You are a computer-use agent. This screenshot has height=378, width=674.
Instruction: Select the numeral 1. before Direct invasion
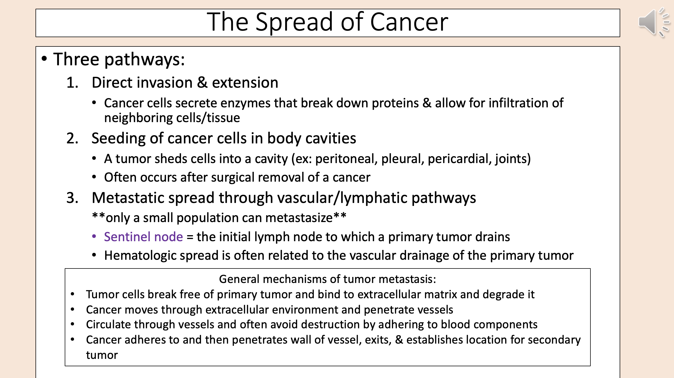(72, 83)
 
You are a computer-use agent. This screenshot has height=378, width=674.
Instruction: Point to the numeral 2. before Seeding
(72, 138)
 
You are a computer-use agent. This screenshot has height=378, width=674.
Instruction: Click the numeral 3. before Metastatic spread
(72, 198)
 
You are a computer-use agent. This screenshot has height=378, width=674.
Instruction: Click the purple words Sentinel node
(143, 237)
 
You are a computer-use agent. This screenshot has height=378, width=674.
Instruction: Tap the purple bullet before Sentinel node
(94, 237)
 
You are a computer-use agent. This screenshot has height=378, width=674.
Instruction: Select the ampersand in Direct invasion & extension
(202, 83)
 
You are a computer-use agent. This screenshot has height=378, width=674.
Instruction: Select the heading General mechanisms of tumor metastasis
(327, 279)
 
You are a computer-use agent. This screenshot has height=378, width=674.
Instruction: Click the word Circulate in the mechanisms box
(108, 325)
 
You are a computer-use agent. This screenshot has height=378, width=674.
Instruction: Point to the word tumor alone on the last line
(102, 355)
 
